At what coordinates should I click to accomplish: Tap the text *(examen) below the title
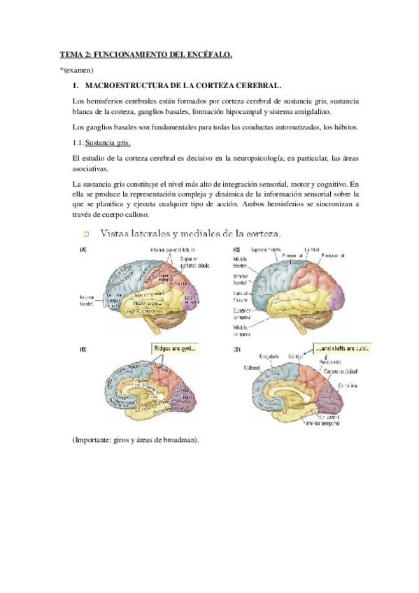coord(76,70)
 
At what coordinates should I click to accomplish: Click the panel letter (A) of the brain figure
coord(83,250)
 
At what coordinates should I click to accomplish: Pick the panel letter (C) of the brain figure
coord(236,250)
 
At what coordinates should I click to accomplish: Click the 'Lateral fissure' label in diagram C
coord(242,296)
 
